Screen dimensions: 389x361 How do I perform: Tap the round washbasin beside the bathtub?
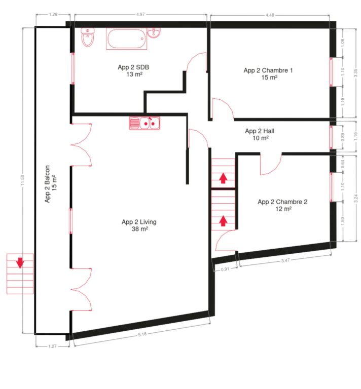click(154, 33)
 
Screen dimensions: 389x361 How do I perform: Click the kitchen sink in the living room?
click(145, 123)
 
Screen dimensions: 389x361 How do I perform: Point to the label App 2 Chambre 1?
click(268, 70)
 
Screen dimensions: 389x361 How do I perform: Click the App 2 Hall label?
click(260, 131)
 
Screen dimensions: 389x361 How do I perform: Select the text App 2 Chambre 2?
click(282, 202)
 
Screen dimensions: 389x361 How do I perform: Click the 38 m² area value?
click(138, 229)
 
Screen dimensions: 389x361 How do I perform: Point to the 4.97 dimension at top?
click(139, 15)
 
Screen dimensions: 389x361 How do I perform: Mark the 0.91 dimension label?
click(225, 270)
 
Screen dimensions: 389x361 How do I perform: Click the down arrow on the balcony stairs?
click(19, 262)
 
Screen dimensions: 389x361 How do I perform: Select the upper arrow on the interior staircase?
click(223, 178)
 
